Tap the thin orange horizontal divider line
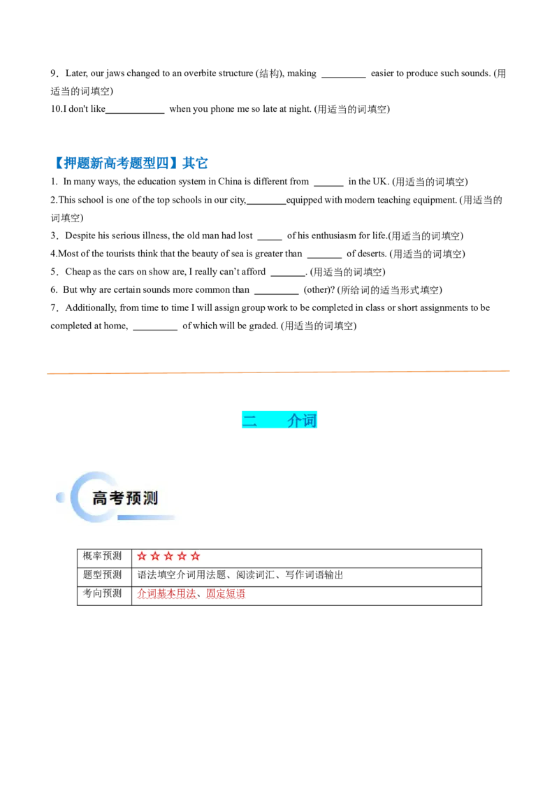pos(279,372)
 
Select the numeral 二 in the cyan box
pos(249,420)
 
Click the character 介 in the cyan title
pos(294,420)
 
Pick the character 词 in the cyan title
pos(310,420)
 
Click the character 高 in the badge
pos(101,498)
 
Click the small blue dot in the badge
pos(60,498)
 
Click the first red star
pos(142,556)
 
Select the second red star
pos(155,556)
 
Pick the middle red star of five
pos(168,556)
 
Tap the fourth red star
pos(182,556)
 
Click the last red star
pos(195,556)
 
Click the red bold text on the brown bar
pos(190,595)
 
